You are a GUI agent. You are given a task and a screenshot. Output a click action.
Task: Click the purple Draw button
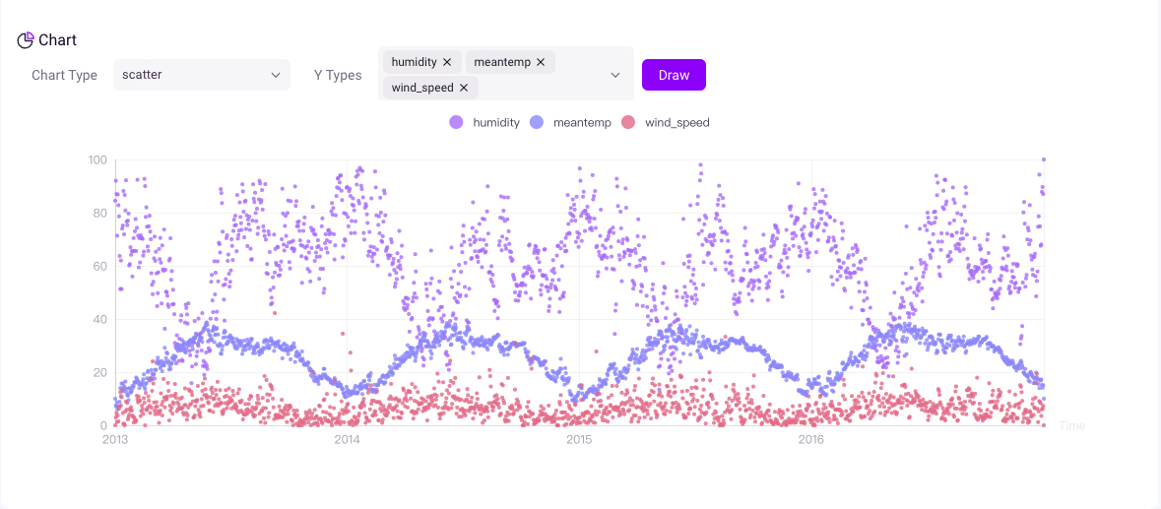coord(674,75)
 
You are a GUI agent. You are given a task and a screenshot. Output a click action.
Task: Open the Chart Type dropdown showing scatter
coord(201,75)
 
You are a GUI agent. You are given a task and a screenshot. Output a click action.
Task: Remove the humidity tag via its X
coord(447,62)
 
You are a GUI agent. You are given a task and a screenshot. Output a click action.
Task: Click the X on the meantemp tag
coord(541,62)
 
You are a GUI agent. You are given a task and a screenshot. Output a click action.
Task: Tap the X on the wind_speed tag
coord(464,88)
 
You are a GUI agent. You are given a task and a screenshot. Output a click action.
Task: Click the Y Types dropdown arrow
coord(615,75)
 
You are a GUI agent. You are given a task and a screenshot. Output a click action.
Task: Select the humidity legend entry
coord(484,123)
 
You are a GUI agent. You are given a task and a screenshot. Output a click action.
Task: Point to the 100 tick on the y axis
coord(97,159)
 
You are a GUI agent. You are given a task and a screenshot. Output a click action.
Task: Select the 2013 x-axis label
coord(115,440)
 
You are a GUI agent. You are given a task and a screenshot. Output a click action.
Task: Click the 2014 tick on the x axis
coord(347,440)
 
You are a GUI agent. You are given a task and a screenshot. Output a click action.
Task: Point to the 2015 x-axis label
coord(579,440)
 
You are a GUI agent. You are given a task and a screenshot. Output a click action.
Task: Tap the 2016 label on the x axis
coord(810,440)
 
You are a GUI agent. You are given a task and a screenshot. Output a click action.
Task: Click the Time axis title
coord(1072,426)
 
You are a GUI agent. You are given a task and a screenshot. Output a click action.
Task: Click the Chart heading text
coord(57,40)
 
